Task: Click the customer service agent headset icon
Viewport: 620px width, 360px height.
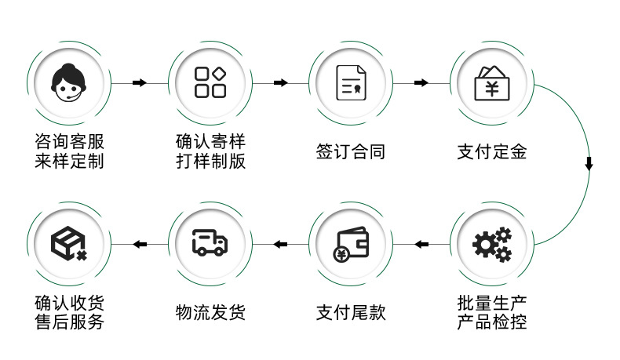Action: pyautogui.click(x=69, y=82)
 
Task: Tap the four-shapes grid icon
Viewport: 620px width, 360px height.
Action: pyautogui.click(x=210, y=82)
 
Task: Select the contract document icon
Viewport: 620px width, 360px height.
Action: pyautogui.click(x=351, y=82)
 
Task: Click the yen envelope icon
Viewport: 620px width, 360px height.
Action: pyautogui.click(x=492, y=82)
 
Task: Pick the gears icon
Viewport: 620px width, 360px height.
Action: pyautogui.click(x=492, y=244)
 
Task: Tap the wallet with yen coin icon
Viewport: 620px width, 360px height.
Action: pyautogui.click(x=351, y=244)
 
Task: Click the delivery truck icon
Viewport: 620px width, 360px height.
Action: pyautogui.click(x=210, y=244)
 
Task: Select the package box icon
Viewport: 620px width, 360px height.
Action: pyautogui.click(x=69, y=244)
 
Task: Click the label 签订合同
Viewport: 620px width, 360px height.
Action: pyautogui.click(x=351, y=152)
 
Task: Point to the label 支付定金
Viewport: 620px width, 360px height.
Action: pyautogui.click(x=492, y=152)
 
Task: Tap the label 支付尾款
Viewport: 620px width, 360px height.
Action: pyautogui.click(x=351, y=312)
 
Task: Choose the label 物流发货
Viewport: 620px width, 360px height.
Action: pyautogui.click(x=210, y=312)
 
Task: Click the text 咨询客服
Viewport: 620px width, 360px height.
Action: pyautogui.click(x=69, y=142)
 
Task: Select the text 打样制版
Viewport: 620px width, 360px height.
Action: pyautogui.click(x=210, y=162)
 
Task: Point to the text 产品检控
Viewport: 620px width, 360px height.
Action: pyautogui.click(x=492, y=322)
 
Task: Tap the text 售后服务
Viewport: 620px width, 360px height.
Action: pyautogui.click(x=69, y=322)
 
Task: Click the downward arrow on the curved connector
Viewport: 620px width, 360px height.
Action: pyautogui.click(x=589, y=164)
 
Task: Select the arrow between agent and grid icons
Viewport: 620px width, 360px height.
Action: pyautogui.click(x=140, y=82)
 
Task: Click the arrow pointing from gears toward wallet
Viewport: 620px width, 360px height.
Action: pyautogui.click(x=422, y=245)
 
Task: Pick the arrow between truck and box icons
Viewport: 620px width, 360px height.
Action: pyautogui.click(x=140, y=245)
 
